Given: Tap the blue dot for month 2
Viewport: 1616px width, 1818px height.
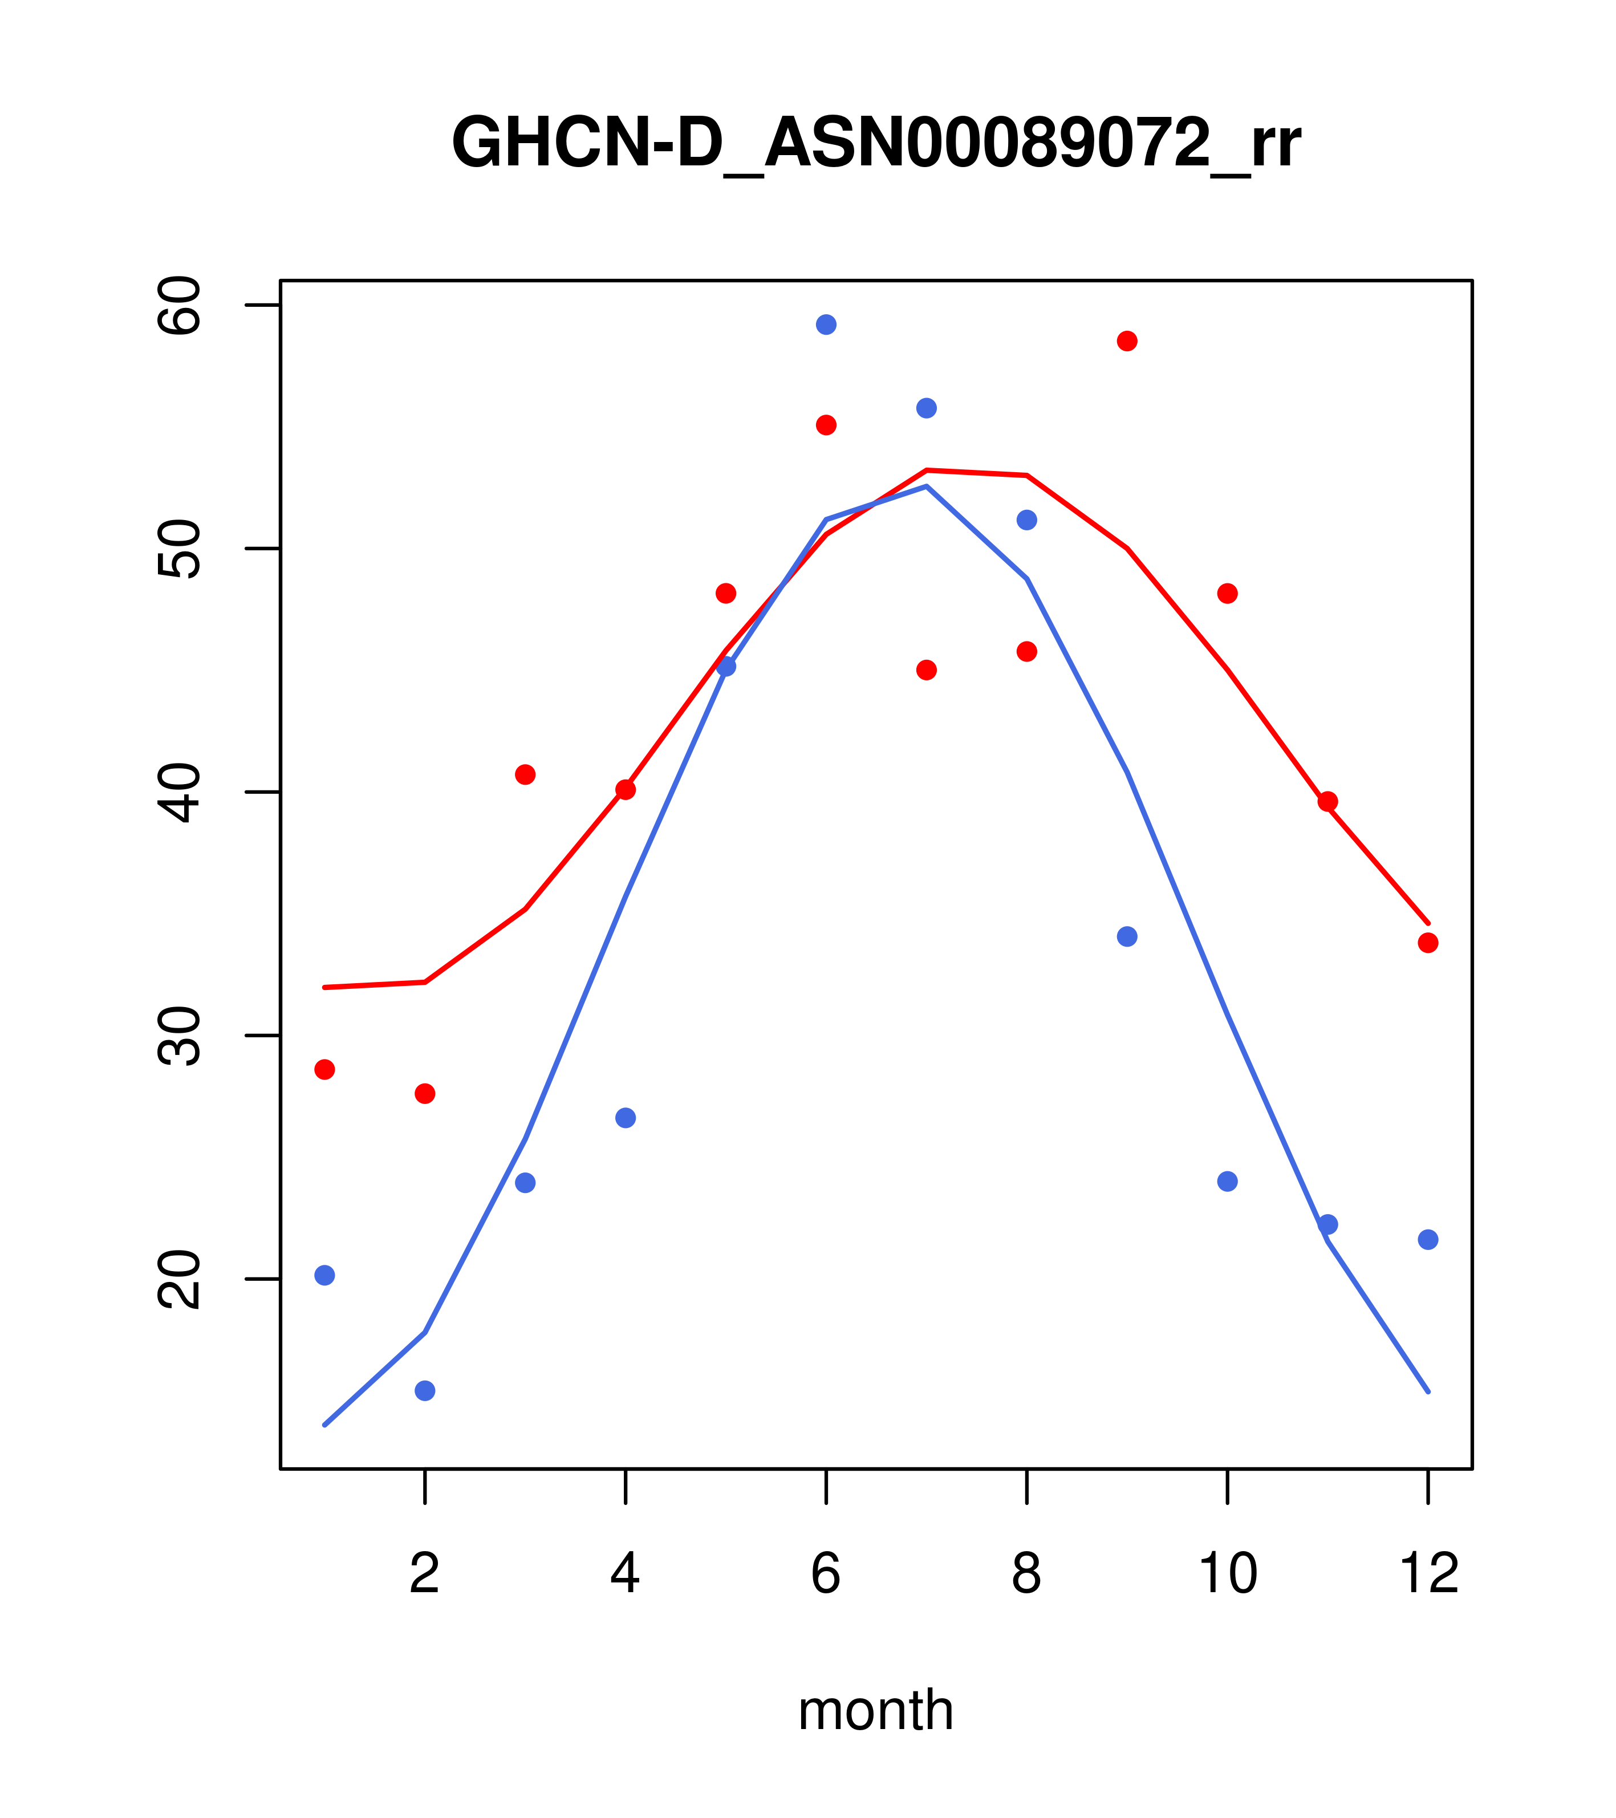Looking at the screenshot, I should pos(425,1390).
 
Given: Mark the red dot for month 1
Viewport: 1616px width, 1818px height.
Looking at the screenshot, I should pos(324,1069).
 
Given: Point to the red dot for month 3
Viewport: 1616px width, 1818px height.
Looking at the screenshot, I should pos(526,774).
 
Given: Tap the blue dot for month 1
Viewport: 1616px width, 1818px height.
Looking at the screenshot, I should pos(324,1276).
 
